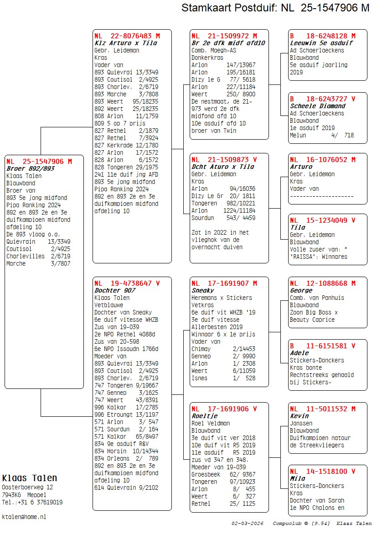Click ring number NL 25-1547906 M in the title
pos(325,8)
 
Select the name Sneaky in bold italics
pos(202,290)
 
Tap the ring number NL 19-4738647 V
pos(127,283)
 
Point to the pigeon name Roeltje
pos(204,416)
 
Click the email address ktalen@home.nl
pos(24,517)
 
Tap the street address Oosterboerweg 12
pos(27,487)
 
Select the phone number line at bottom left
pos(32,502)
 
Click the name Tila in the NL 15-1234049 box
pos(298,227)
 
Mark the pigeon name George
pos(301,290)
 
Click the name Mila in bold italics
pos(298,478)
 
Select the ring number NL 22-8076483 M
pos(127,36)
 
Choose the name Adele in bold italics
pos(299,353)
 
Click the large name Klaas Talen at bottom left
pos(30,478)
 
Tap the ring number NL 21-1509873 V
pos(224,159)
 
